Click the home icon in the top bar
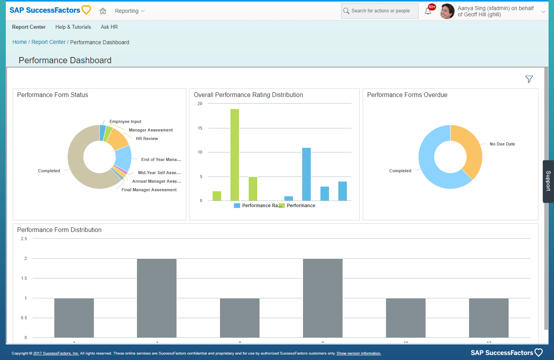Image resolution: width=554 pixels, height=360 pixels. [x=103, y=11]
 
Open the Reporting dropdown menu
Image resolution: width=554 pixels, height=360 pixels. [x=130, y=11]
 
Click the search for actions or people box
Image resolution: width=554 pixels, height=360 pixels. [x=380, y=11]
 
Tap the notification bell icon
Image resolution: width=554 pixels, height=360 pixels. [x=428, y=11]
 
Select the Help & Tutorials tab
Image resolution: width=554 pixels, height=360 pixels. [x=73, y=27]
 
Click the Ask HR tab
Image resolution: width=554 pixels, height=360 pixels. [x=109, y=27]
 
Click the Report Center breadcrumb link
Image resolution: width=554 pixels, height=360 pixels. [x=48, y=42]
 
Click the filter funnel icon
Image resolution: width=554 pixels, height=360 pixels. [x=529, y=79]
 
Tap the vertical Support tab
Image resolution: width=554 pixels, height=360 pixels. [x=548, y=181]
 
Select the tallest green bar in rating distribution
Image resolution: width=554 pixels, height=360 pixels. [x=235, y=155]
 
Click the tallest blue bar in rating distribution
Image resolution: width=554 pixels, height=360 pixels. [x=306, y=175]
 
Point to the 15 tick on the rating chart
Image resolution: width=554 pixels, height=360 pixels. [x=200, y=128]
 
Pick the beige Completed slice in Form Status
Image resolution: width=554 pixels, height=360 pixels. [x=78, y=163]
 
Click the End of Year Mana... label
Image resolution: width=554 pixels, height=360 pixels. [x=161, y=160]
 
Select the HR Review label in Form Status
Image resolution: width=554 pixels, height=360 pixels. [x=147, y=139]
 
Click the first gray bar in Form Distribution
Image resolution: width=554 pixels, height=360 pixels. [x=74, y=318]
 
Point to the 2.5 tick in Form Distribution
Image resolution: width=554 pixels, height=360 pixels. [x=24, y=239]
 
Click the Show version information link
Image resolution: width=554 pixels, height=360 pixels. [x=358, y=353]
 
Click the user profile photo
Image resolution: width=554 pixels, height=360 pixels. [x=447, y=11]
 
